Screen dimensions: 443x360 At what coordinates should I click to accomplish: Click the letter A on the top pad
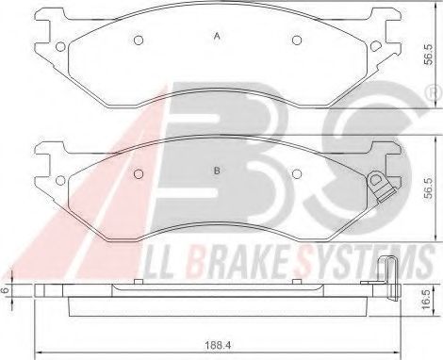coord(217,37)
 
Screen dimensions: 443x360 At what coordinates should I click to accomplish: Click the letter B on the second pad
coord(217,171)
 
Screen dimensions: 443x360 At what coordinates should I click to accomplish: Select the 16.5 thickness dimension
coord(426,300)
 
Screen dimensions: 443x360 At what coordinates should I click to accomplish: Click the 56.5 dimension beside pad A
coord(428,55)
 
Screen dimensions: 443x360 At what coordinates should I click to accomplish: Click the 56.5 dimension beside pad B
coord(428,188)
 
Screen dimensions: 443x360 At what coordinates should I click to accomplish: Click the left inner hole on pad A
coord(139,40)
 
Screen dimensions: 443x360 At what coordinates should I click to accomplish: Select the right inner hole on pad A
coord(297,40)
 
